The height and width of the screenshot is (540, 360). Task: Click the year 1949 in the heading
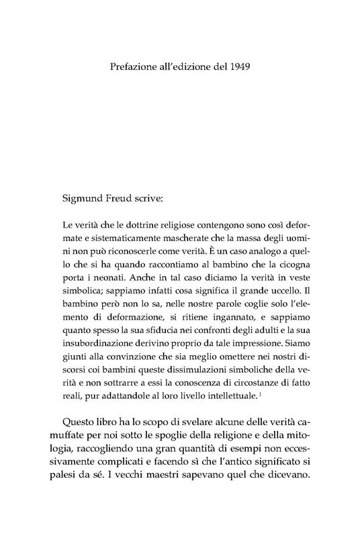coord(238,67)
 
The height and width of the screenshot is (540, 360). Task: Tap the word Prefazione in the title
coord(134,67)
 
